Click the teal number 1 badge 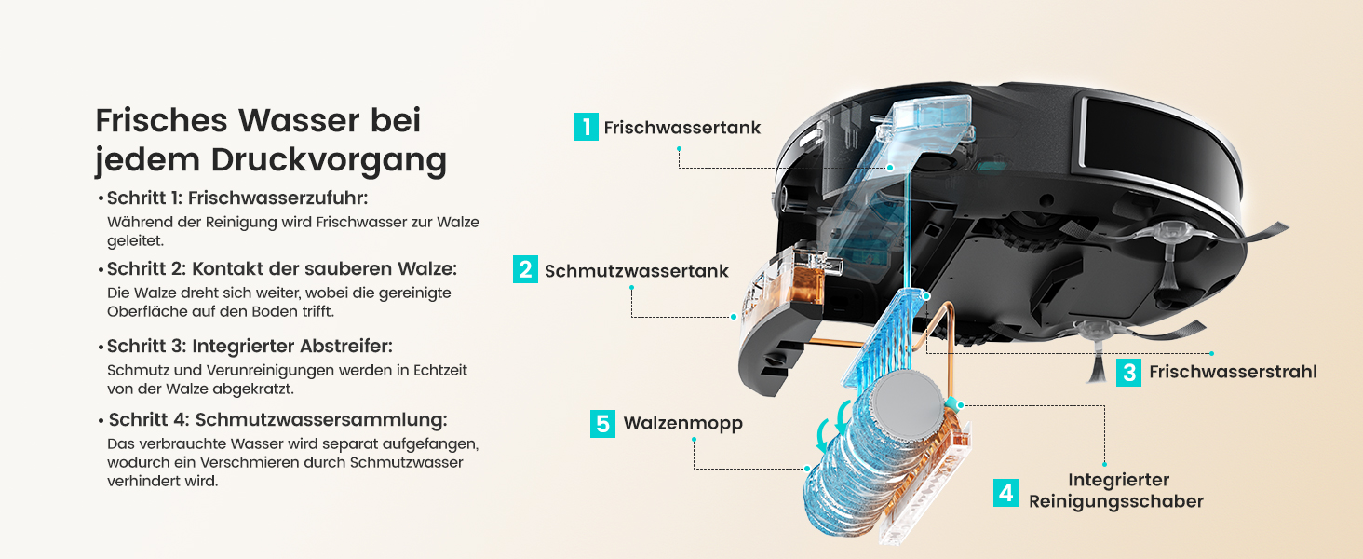(586, 127)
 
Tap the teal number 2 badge (525, 269)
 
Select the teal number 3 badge (1128, 372)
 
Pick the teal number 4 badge (1005, 493)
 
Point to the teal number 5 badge (602, 423)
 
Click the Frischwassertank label (682, 128)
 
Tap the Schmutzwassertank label (637, 271)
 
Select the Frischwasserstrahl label (1233, 372)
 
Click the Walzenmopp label (682, 424)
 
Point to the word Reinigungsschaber (1116, 502)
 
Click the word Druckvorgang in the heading (330, 161)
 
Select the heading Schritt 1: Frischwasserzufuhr (237, 198)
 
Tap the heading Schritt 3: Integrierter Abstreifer (250, 347)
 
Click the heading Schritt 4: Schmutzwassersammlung (277, 420)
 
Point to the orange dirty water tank (804, 285)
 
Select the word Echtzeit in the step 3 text (440, 370)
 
